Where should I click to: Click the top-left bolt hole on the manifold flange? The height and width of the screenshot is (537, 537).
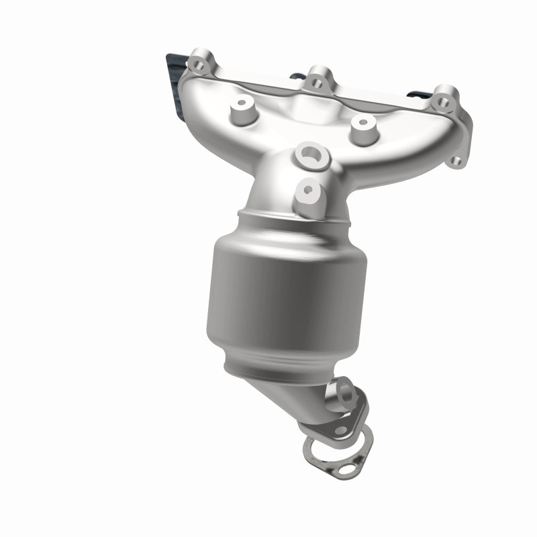197,64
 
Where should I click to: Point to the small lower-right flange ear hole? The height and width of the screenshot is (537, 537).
456,161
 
